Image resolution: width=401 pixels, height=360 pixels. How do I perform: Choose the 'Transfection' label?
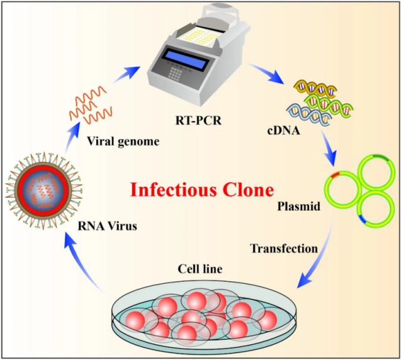284,248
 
